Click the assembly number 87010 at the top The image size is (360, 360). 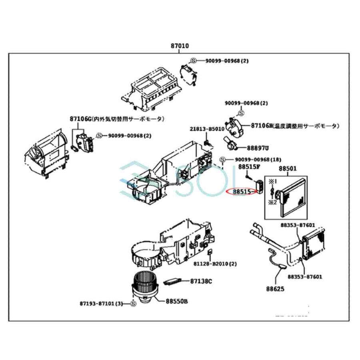180,46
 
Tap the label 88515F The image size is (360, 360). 249,166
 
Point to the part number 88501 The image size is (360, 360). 287,169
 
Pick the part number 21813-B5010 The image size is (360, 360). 207,129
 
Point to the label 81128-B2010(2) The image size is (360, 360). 215,264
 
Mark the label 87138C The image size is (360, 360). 201,282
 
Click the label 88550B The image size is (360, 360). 176,301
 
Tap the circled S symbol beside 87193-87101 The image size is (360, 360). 133,304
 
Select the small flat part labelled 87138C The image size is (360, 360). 175,282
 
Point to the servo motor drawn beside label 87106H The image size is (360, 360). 234,126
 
